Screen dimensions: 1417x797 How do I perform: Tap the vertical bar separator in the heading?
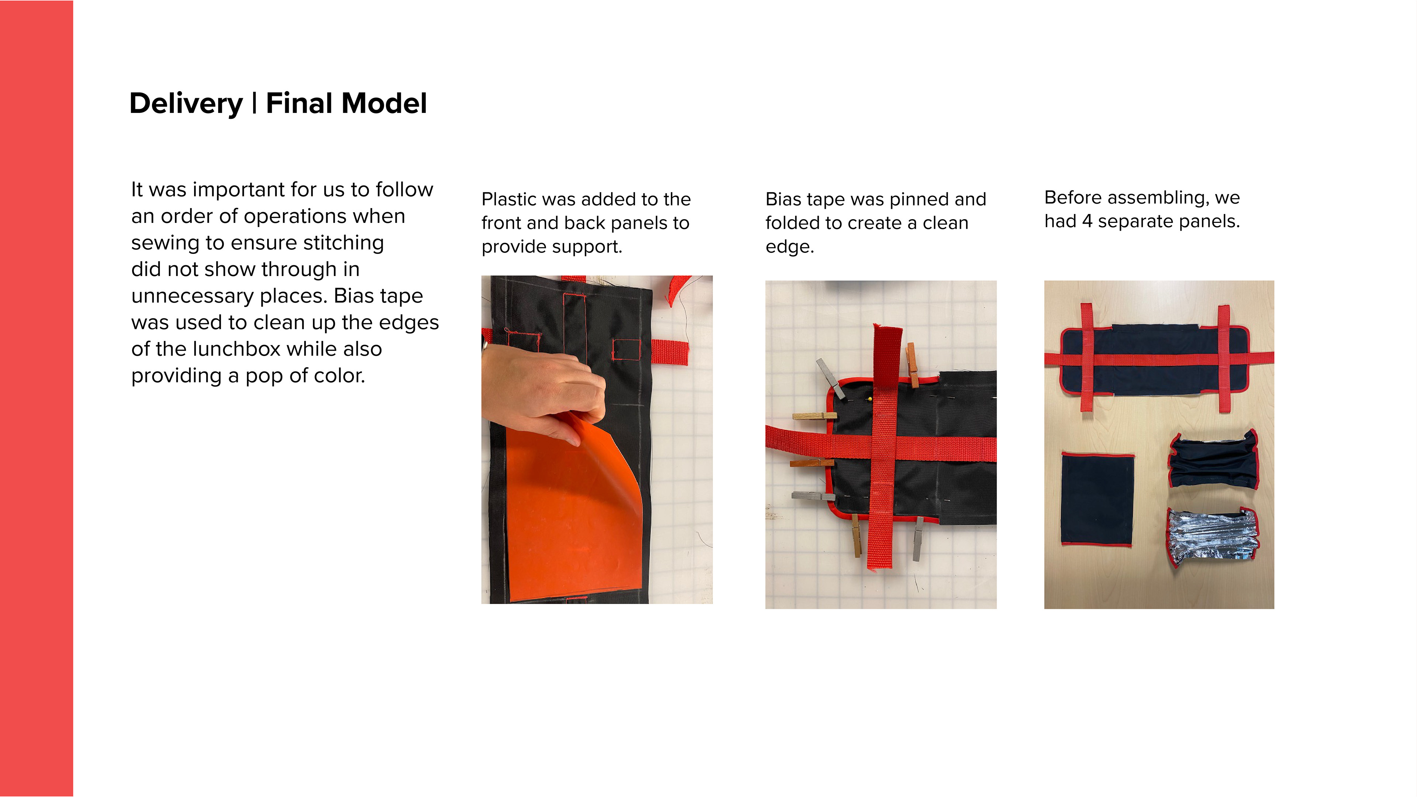tap(255, 103)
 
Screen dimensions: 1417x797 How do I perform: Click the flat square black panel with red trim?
tap(1097, 499)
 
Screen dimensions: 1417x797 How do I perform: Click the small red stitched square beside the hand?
tap(626, 350)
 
